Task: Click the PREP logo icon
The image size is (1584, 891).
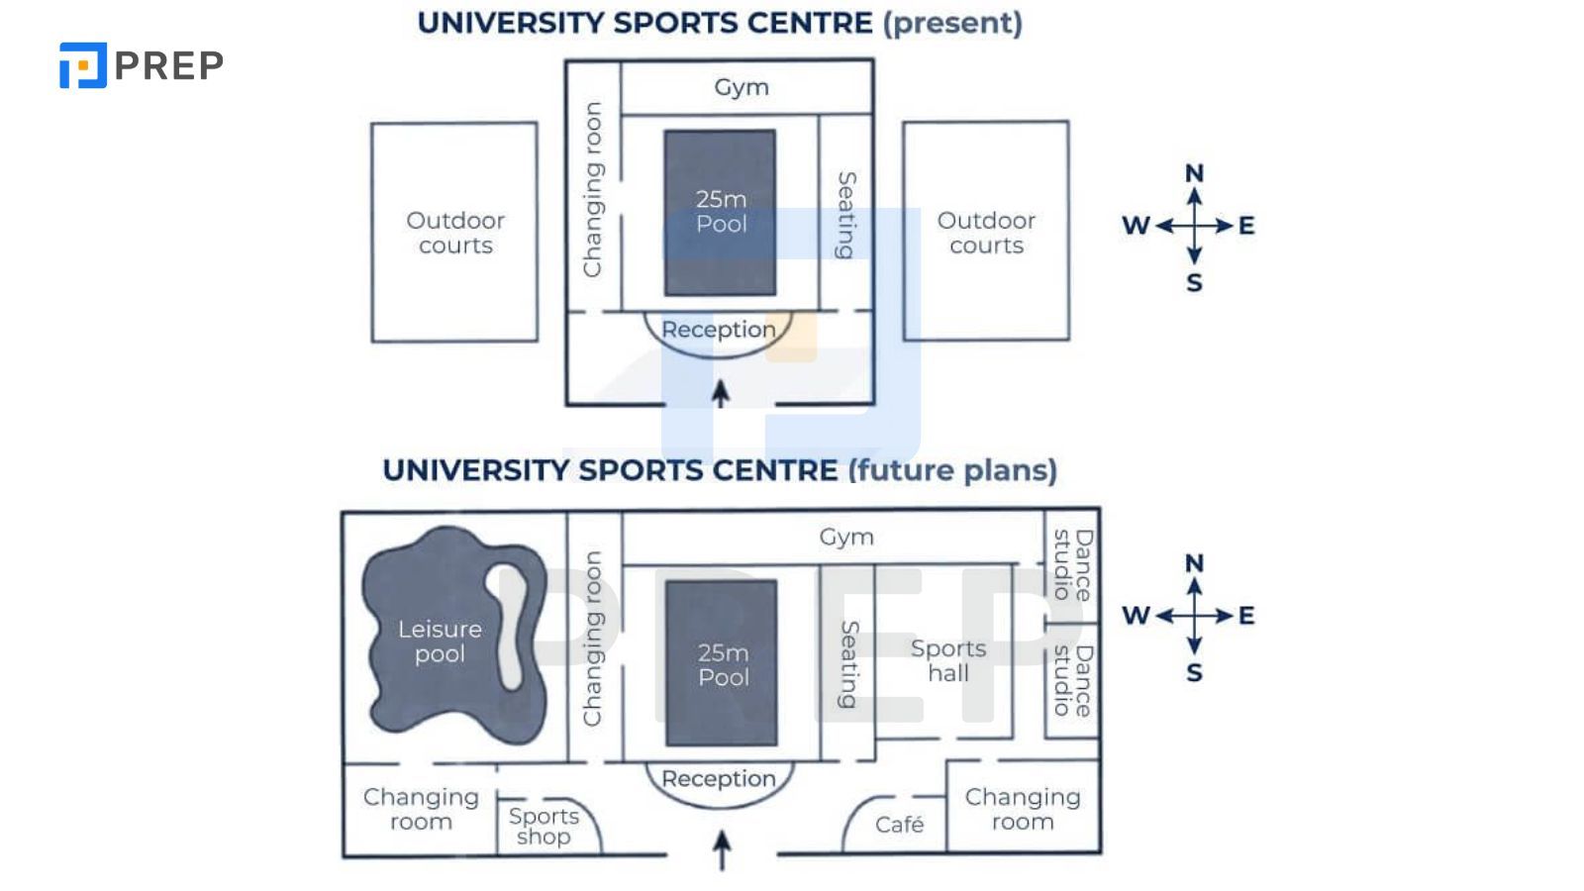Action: click(x=82, y=65)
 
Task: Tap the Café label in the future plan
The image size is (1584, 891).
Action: click(x=899, y=825)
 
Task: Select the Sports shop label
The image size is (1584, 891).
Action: click(x=544, y=827)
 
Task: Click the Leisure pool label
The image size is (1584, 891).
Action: click(x=440, y=642)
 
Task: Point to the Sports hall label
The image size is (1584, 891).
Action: click(x=948, y=660)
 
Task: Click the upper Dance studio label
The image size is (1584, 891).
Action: click(x=1072, y=564)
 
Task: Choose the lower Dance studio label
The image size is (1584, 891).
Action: click(x=1072, y=680)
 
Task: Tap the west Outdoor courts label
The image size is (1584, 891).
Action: click(x=455, y=233)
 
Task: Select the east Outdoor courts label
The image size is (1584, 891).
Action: click(x=986, y=233)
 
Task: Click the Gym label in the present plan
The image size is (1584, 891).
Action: click(x=742, y=87)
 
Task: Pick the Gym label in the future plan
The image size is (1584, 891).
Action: click(x=846, y=537)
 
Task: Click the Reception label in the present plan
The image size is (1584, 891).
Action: click(x=719, y=330)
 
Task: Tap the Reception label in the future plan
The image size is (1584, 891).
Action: click(x=719, y=779)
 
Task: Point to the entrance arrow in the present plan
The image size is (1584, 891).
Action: click(x=721, y=393)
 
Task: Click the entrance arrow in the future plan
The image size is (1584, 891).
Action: click(x=723, y=849)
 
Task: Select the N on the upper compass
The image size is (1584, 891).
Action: click(x=1195, y=173)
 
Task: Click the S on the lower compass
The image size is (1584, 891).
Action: click(x=1195, y=673)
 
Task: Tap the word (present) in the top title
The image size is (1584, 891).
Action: click(x=952, y=23)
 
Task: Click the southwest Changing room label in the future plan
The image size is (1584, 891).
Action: click(x=421, y=810)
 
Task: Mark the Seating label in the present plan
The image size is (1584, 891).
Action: click(x=846, y=215)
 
